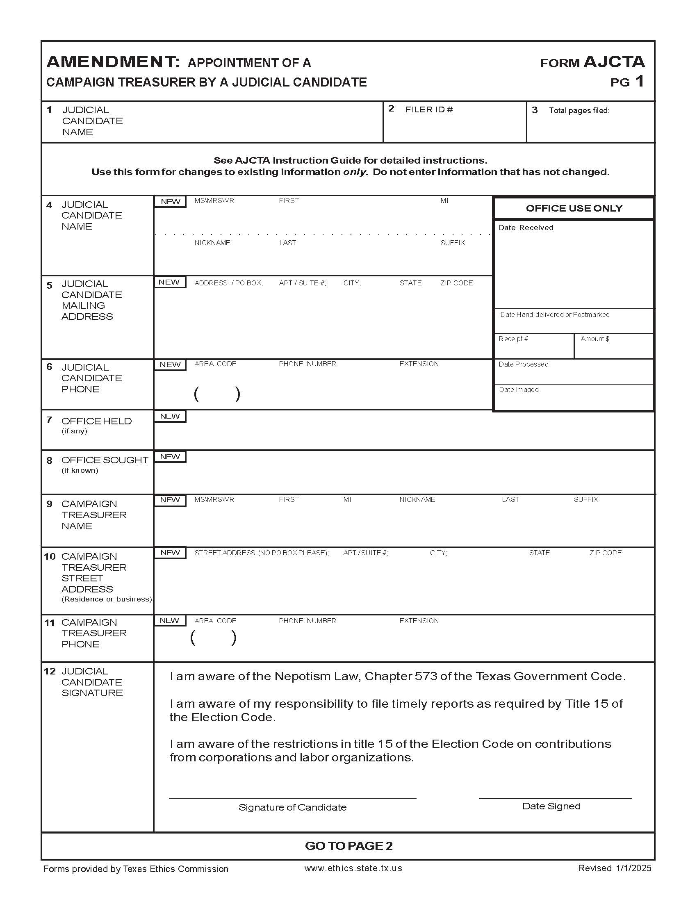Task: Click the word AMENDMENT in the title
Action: (113, 62)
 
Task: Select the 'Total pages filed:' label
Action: (579, 110)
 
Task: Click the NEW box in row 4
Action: (171, 202)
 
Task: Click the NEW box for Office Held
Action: (170, 416)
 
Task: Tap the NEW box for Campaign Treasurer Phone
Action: (169, 620)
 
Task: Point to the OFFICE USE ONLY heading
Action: (574, 208)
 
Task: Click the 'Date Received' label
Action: (526, 228)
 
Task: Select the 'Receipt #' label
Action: (513, 339)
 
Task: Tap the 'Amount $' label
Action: (594, 339)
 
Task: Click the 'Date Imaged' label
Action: (519, 389)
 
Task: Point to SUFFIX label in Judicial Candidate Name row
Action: (453, 243)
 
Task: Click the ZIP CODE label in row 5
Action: (456, 283)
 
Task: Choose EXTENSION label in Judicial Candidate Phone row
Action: (419, 364)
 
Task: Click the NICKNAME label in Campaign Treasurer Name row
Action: (417, 499)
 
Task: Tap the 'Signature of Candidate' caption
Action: (292, 807)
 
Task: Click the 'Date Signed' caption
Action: (551, 806)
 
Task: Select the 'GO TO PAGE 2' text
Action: (348, 846)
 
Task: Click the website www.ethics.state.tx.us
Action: (353, 868)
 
